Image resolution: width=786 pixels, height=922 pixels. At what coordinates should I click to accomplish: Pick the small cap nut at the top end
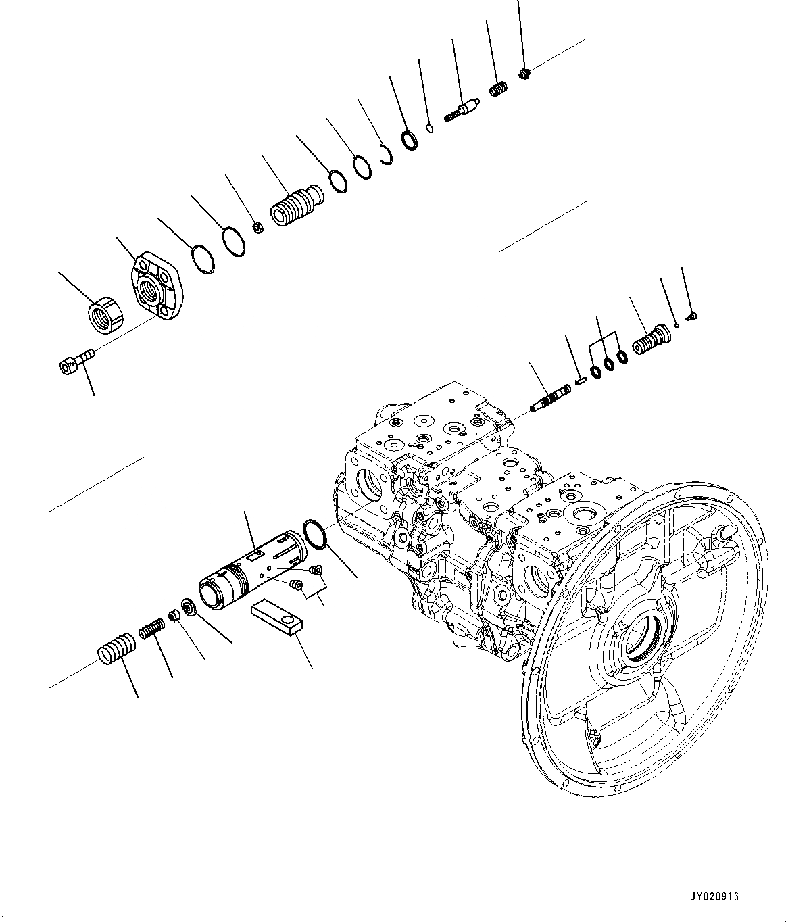(525, 73)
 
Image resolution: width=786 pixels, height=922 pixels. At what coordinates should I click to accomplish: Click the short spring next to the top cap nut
(498, 89)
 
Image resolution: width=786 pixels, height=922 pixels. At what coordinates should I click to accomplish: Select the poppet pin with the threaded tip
(462, 109)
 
